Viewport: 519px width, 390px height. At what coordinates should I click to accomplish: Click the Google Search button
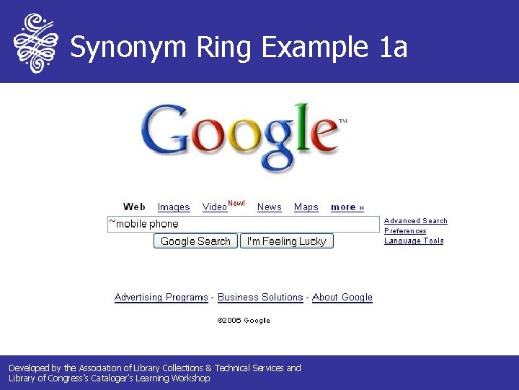pyautogui.click(x=195, y=241)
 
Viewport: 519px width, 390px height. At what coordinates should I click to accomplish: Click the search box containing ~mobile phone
pyautogui.click(x=243, y=224)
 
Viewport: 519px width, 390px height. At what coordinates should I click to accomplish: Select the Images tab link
pyautogui.click(x=174, y=207)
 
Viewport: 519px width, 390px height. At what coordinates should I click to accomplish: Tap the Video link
pyautogui.click(x=214, y=207)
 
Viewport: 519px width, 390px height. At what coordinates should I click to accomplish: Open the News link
pyautogui.click(x=270, y=207)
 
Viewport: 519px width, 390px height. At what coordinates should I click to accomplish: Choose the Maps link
pyautogui.click(x=306, y=207)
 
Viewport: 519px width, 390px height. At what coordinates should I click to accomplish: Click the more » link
pyautogui.click(x=347, y=207)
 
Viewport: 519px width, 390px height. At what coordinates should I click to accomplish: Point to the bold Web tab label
pyautogui.click(x=134, y=207)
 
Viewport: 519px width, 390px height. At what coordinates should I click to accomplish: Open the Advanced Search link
pyautogui.click(x=416, y=221)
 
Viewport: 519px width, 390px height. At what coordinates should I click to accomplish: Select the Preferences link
pyautogui.click(x=405, y=231)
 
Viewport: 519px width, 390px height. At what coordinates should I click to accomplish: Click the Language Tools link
pyautogui.click(x=414, y=241)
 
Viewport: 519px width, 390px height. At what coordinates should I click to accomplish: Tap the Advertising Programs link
pyautogui.click(x=161, y=298)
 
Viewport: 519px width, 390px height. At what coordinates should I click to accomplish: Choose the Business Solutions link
pyautogui.click(x=260, y=298)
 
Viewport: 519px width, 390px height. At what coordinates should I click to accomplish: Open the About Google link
pyautogui.click(x=342, y=298)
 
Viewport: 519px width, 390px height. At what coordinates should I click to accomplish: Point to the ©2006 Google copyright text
pyautogui.click(x=244, y=321)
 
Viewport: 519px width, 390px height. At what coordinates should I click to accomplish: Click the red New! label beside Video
pyautogui.click(x=236, y=204)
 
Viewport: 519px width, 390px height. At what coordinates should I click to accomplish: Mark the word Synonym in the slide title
pyautogui.click(x=127, y=48)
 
